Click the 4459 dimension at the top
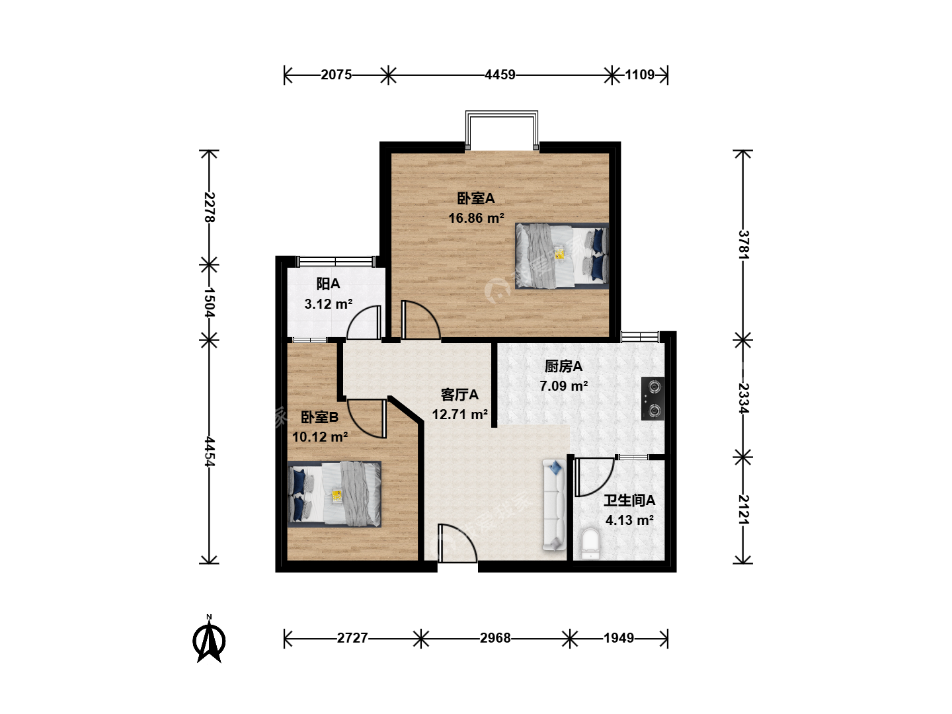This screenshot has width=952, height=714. (500, 75)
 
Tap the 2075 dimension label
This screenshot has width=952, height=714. (336, 75)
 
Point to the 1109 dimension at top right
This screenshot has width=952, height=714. (640, 75)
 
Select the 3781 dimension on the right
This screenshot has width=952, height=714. (743, 245)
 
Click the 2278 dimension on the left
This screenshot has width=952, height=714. (210, 207)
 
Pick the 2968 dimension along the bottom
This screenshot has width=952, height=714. (495, 638)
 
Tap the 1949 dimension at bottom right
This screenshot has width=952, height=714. (619, 638)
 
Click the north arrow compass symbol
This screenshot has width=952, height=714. (209, 639)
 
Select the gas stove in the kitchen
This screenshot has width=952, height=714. (653, 399)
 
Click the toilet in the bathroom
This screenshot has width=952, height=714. (590, 544)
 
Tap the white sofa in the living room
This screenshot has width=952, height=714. (554, 506)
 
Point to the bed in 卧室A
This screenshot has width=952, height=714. (562, 256)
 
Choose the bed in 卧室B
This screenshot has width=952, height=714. (335, 495)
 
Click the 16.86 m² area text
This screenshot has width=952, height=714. (476, 218)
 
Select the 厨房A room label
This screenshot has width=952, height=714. (563, 366)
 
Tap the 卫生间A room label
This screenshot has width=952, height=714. (629, 500)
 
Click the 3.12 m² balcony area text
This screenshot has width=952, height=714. (329, 304)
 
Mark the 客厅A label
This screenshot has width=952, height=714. (459, 395)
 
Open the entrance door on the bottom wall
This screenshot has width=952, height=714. (457, 543)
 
